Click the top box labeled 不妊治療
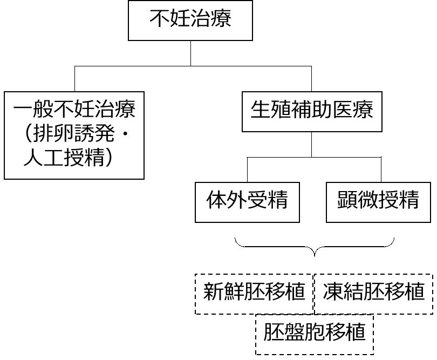tap(190, 21)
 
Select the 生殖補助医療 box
tap(312, 111)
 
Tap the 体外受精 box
tap(247, 201)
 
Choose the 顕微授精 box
tap(379, 201)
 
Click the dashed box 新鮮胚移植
tap(254, 293)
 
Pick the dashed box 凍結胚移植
tap(373, 293)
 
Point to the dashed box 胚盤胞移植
tap(314, 331)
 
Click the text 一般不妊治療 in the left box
tap(74, 111)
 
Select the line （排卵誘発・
tap(74, 134)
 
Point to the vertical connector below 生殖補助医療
tap(312, 144)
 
